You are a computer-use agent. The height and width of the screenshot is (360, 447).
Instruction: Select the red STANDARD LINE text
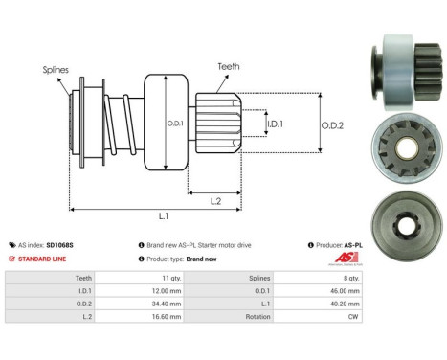tap(44, 259)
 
